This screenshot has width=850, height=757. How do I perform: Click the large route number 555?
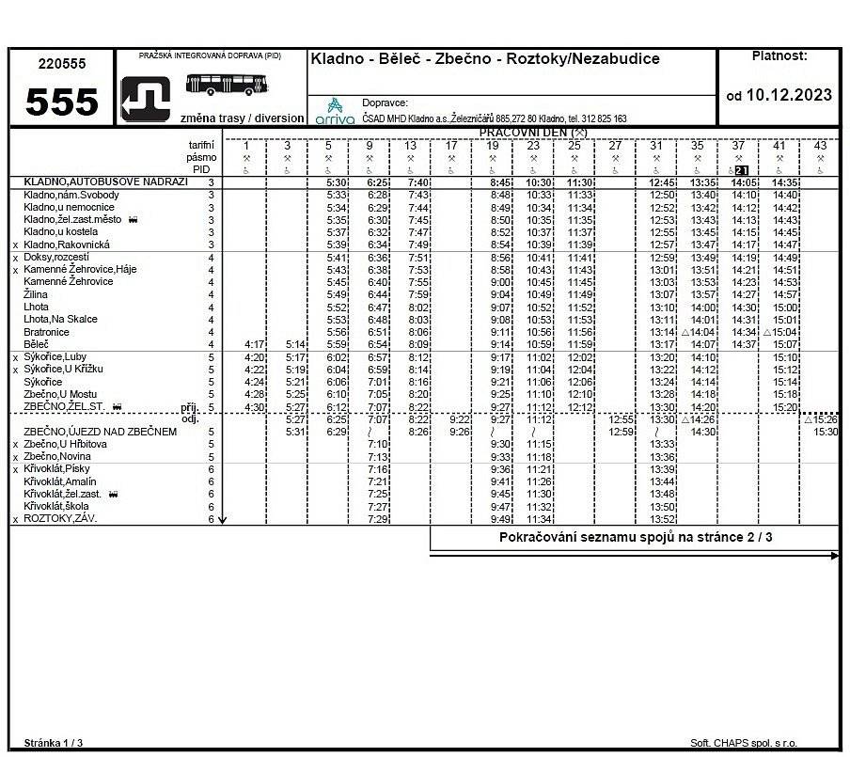[x=61, y=102]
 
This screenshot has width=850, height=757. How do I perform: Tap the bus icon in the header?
[x=227, y=85]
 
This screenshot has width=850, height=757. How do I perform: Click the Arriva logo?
[x=335, y=111]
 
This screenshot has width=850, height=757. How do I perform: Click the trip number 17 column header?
[x=451, y=146]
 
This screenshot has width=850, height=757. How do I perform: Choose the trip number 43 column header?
[x=820, y=146]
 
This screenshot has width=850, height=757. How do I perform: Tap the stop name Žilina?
[x=36, y=294]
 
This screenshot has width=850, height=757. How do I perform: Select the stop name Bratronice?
[x=46, y=332]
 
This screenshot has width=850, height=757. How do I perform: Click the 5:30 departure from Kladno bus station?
[x=337, y=182]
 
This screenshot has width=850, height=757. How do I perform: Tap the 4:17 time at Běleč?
[x=254, y=345]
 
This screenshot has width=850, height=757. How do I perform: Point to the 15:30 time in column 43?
[x=826, y=432]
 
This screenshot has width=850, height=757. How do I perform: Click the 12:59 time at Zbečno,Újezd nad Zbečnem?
[x=622, y=432]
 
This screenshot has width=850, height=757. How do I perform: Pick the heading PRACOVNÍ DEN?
[x=532, y=133]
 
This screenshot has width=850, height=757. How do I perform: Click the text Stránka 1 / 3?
[x=54, y=743]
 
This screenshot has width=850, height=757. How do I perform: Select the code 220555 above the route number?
[x=61, y=64]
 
